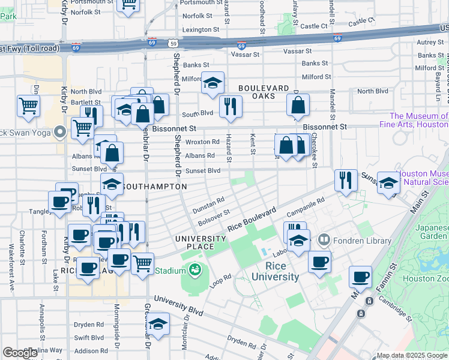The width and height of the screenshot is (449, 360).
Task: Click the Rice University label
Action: pyautogui.click(x=274, y=271)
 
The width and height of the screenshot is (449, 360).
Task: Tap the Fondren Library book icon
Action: pyautogui.click(x=324, y=241)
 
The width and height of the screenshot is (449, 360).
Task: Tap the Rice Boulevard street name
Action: pyautogui.click(x=251, y=221)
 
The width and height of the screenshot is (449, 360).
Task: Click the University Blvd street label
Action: pyautogui.click(x=178, y=306)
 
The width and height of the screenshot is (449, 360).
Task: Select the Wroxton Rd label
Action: pyautogui.click(x=202, y=142)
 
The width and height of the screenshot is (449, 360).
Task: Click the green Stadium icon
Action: pyautogui.click(x=196, y=271)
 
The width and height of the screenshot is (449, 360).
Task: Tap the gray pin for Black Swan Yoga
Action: pyautogui.click(x=59, y=132)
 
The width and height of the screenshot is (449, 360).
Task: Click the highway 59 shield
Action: pyautogui.click(x=173, y=43)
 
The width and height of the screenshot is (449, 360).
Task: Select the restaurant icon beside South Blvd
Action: pyautogui.click(x=231, y=106)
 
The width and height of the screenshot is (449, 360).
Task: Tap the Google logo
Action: pyautogui.click(x=20, y=353)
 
